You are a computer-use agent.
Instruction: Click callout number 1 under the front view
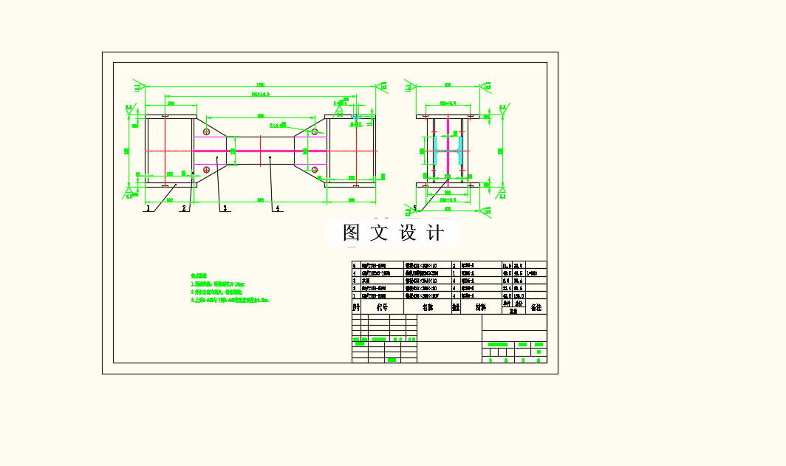pyautogui.click(x=148, y=209)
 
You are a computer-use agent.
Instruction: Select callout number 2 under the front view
pyautogui.click(x=183, y=209)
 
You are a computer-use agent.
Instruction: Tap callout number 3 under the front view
pyautogui.click(x=224, y=209)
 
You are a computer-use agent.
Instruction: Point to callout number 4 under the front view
pyautogui.click(x=278, y=209)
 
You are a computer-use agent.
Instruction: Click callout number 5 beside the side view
pyautogui.click(x=415, y=208)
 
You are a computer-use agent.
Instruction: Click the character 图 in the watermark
pyautogui.click(x=351, y=233)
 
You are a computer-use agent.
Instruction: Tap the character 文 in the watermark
pyautogui.click(x=378, y=233)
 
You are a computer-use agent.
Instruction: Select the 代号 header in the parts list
pyautogui.click(x=382, y=306)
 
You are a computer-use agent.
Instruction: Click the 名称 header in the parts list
pyautogui.click(x=428, y=306)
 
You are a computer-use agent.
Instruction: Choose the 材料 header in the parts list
pyautogui.click(x=480, y=306)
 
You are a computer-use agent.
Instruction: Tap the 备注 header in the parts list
pyautogui.click(x=536, y=306)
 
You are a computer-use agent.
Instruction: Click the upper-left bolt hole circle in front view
pyautogui.click(x=206, y=132)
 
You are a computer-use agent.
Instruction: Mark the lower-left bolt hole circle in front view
pyautogui.click(x=206, y=170)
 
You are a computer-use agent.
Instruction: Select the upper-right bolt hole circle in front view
pyautogui.click(x=315, y=132)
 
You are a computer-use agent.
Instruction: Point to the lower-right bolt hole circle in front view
pyautogui.click(x=315, y=170)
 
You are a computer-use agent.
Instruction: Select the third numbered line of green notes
pyautogui.click(x=230, y=301)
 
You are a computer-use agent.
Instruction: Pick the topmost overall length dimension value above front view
pyautogui.click(x=260, y=84)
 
